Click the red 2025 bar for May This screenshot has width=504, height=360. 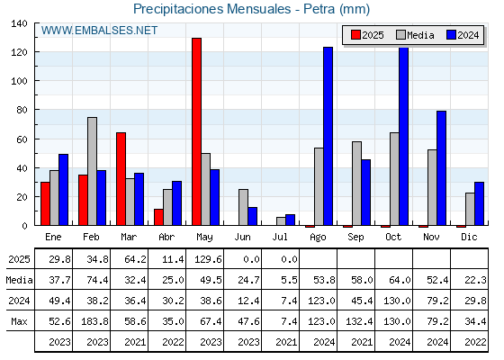point(196,131)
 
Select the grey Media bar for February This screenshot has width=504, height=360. point(92,171)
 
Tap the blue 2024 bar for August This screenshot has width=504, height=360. point(328,136)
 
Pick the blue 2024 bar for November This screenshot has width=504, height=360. point(441,168)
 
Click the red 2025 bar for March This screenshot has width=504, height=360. point(121,179)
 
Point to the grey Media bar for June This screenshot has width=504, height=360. point(243,207)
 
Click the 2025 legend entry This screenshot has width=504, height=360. point(367,35)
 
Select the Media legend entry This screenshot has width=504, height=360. point(415,35)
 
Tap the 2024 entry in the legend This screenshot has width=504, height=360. point(463,35)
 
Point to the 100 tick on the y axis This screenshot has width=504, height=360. point(19,81)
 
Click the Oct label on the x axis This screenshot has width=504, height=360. point(393,237)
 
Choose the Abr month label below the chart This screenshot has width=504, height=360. point(166,237)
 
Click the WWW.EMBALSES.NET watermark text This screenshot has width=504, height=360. point(99,31)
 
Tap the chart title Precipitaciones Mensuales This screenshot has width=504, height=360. point(212,9)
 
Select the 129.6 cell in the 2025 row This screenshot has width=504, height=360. point(208,259)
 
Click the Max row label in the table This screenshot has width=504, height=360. point(19,321)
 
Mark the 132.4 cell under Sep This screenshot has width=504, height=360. point(359,321)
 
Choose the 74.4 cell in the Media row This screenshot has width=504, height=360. point(97,280)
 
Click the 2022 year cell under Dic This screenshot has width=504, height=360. point(475,342)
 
